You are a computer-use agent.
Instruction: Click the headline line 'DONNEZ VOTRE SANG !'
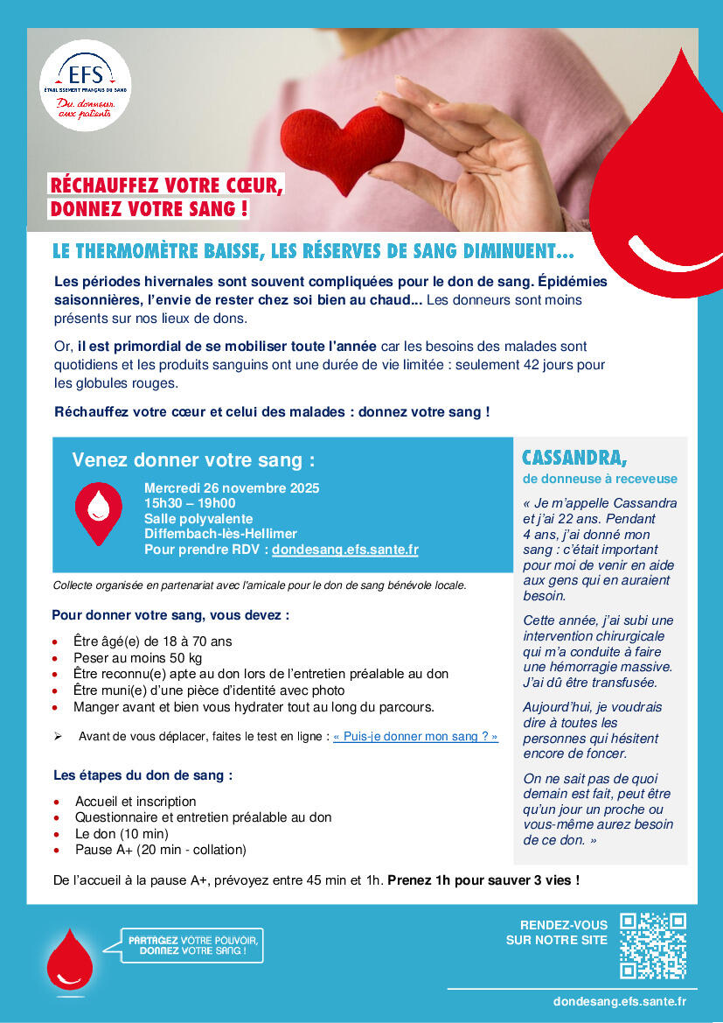tap(149, 209)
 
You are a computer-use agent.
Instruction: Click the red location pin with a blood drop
tap(99, 512)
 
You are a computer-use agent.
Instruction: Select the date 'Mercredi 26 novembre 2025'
tap(232, 488)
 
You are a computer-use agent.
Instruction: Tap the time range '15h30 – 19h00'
tap(190, 503)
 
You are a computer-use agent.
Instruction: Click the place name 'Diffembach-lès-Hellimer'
tap(220, 534)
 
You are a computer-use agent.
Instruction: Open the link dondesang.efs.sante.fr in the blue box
tap(345, 550)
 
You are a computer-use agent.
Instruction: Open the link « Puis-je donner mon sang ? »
tap(415, 737)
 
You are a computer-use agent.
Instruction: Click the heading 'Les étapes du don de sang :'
tap(143, 775)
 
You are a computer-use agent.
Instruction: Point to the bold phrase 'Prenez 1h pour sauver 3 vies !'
tap(483, 879)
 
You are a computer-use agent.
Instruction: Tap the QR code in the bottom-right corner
tap(652, 945)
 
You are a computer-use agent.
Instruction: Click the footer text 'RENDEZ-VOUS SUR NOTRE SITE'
tap(556, 933)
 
